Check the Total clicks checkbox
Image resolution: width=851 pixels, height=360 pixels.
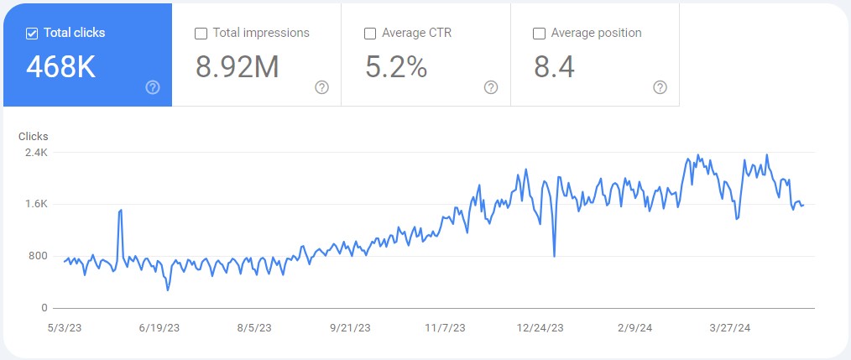click(x=32, y=34)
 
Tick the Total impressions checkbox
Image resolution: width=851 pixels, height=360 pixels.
click(x=201, y=34)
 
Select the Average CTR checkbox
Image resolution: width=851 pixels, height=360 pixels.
click(x=370, y=34)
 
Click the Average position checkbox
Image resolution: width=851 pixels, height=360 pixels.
click(x=540, y=34)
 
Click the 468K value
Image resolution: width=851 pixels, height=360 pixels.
click(x=60, y=67)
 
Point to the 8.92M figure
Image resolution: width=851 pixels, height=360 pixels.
click(x=237, y=67)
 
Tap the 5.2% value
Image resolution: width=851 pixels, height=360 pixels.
click(x=396, y=67)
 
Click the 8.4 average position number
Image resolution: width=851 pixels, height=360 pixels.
click(x=554, y=67)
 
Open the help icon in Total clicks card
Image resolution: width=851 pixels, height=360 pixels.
click(x=153, y=87)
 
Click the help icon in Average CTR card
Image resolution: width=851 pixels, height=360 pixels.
click(x=491, y=87)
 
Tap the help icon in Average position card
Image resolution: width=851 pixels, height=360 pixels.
click(x=660, y=87)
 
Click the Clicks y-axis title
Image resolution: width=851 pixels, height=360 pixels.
click(x=34, y=136)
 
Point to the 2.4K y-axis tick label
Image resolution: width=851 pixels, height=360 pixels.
click(x=36, y=153)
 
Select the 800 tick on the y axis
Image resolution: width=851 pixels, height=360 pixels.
click(x=39, y=256)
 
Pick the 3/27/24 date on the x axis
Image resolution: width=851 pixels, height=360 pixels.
click(x=730, y=328)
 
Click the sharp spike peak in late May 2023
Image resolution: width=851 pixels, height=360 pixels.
click(x=121, y=210)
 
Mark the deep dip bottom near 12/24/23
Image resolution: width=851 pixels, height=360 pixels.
click(x=555, y=256)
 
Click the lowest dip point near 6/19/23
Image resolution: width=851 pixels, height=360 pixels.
click(x=168, y=290)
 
